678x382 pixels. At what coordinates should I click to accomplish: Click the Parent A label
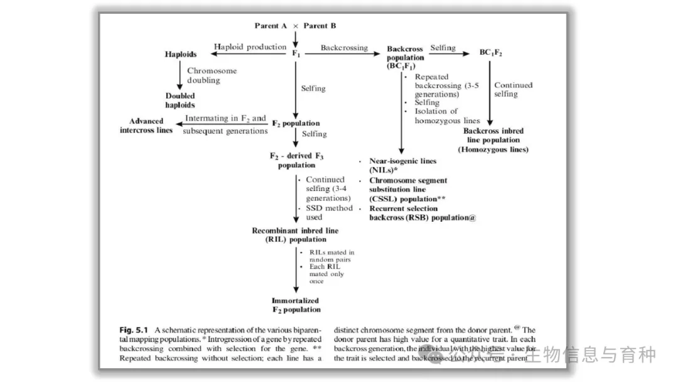[x=271, y=26]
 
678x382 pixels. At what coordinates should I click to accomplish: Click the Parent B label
[x=320, y=26]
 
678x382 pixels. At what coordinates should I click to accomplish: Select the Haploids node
[x=181, y=55]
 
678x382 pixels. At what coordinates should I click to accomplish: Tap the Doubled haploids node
[x=180, y=101]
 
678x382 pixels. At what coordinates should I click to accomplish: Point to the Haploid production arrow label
[x=250, y=47]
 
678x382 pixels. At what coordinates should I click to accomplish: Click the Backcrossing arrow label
[x=344, y=48]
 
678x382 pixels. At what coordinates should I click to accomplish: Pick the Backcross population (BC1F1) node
[x=405, y=57]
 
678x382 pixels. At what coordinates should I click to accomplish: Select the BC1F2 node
[x=491, y=53]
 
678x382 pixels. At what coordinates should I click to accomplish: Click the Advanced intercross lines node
[x=146, y=126]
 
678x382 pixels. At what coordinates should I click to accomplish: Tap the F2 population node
[x=296, y=124]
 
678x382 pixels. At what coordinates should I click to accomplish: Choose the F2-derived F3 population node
[x=296, y=160]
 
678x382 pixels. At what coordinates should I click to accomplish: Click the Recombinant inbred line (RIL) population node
[x=295, y=235]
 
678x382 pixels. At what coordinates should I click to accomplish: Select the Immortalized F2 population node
[x=296, y=305]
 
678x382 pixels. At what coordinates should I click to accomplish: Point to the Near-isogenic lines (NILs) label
[x=402, y=165]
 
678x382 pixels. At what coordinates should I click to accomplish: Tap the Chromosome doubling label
[x=212, y=75]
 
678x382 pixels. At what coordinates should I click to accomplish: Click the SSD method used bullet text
[x=329, y=212]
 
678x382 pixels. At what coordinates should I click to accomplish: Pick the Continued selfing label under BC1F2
[x=513, y=89]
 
